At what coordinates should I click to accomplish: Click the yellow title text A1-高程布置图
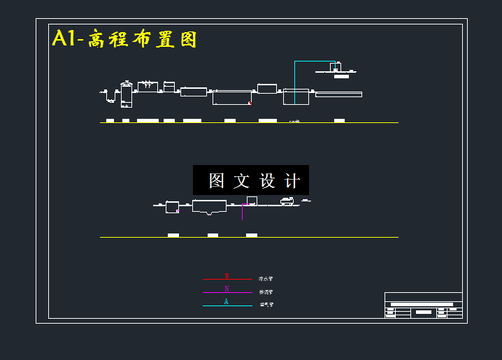124,39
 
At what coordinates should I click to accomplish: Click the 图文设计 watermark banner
250,180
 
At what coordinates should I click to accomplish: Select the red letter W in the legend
227,276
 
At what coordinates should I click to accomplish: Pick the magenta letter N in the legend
227,289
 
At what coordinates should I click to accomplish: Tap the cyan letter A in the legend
226,302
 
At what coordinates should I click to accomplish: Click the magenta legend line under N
227,293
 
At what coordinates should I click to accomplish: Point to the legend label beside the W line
266,279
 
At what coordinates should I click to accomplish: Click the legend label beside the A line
266,305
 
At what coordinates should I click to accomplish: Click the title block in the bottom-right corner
423,305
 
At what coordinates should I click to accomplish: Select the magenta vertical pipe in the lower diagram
243,212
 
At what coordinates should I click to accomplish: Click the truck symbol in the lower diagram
287,202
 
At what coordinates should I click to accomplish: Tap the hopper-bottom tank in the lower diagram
210,207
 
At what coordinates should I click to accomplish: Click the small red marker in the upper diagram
250,103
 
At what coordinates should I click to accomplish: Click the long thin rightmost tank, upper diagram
339,94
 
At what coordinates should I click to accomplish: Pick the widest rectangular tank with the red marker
232,97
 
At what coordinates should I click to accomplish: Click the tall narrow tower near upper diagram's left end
126,94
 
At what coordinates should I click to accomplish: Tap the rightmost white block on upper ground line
339,120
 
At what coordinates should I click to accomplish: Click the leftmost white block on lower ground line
173,236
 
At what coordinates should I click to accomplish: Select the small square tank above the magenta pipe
252,201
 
